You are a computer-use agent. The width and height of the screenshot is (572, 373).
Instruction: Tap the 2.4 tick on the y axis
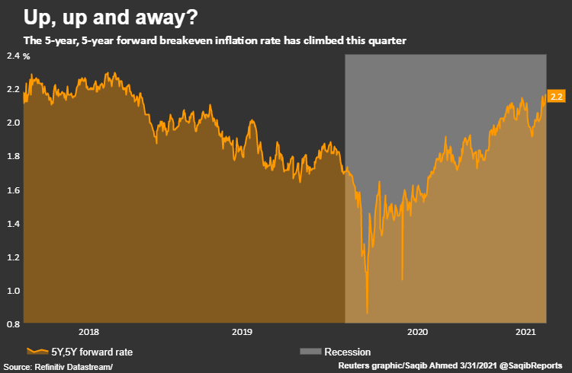click(x=12, y=56)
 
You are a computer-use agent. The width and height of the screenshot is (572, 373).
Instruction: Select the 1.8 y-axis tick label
click(x=12, y=156)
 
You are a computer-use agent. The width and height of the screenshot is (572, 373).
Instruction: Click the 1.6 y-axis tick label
click(x=12, y=190)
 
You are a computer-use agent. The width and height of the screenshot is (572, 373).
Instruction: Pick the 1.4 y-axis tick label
click(x=12, y=223)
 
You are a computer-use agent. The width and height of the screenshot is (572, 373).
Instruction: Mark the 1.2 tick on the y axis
click(x=12, y=257)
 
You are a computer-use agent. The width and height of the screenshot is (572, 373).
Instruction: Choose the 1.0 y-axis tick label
click(x=12, y=290)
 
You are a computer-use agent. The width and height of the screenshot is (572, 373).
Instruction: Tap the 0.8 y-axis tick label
click(x=12, y=324)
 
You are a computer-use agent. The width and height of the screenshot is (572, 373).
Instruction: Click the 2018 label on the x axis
click(x=88, y=332)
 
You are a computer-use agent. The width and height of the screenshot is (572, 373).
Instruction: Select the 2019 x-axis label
click(x=242, y=332)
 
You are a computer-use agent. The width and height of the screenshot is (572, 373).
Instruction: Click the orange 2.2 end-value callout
click(x=556, y=97)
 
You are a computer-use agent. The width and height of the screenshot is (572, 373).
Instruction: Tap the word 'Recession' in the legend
click(x=347, y=352)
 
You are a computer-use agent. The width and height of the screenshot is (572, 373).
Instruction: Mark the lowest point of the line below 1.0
click(x=368, y=312)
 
